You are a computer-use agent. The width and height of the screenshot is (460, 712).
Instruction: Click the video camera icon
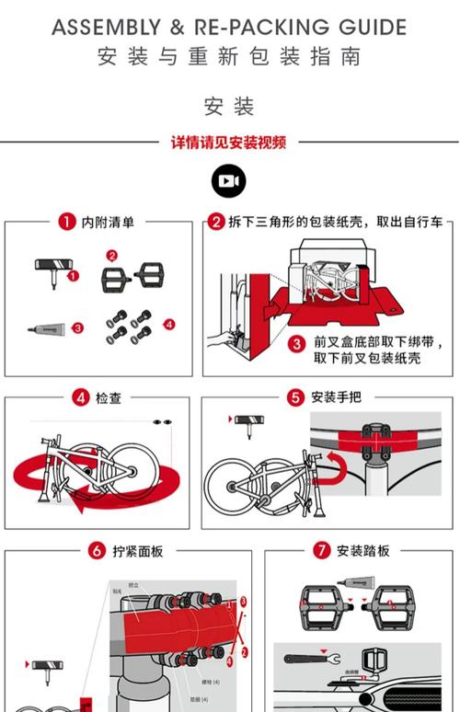(x=229, y=181)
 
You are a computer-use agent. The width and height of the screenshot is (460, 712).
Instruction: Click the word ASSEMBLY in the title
(x=106, y=28)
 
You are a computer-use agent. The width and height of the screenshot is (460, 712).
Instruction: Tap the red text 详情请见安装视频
(x=229, y=143)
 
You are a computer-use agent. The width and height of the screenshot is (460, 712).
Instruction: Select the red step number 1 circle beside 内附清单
(x=66, y=222)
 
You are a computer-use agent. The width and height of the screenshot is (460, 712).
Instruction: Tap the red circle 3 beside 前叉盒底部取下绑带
(x=296, y=343)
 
